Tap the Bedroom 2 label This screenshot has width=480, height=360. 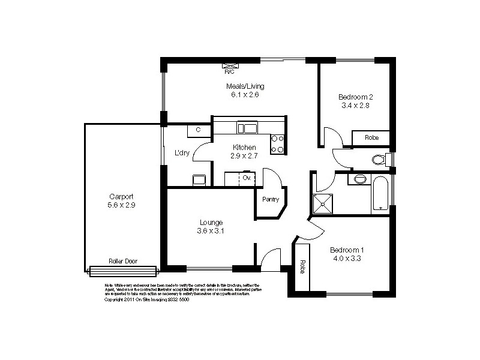[356, 97]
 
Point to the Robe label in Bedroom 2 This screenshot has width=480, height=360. [371, 138]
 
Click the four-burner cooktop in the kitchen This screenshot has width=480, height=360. [277, 144]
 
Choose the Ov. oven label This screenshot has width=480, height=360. [246, 178]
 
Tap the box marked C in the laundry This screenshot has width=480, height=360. [197, 130]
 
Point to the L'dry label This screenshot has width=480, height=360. [182, 153]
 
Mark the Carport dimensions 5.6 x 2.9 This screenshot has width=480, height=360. [121, 205]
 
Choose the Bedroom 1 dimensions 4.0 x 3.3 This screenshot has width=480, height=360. [346, 259]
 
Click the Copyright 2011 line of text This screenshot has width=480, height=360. [146, 299]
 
